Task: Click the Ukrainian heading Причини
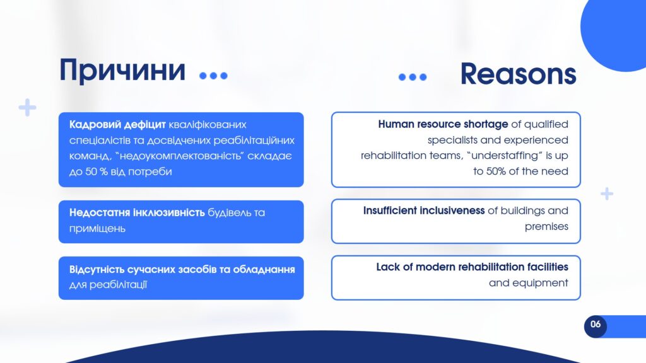coord(122,71)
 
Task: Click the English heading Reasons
coord(518,74)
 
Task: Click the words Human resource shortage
coord(443,124)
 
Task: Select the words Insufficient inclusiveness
coord(424,210)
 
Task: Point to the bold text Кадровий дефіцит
coord(117,125)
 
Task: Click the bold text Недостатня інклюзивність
coord(137,213)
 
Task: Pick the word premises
coord(546,227)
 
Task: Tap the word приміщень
coord(97,228)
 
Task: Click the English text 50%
coord(496,171)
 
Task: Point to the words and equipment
coord(529,283)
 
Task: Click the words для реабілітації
coord(108,285)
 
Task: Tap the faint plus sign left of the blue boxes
coord(28,107)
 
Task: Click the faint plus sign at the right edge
coord(606,193)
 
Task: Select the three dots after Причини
coord(213,76)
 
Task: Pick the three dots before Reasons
coord(413,77)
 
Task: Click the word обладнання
coord(264,270)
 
